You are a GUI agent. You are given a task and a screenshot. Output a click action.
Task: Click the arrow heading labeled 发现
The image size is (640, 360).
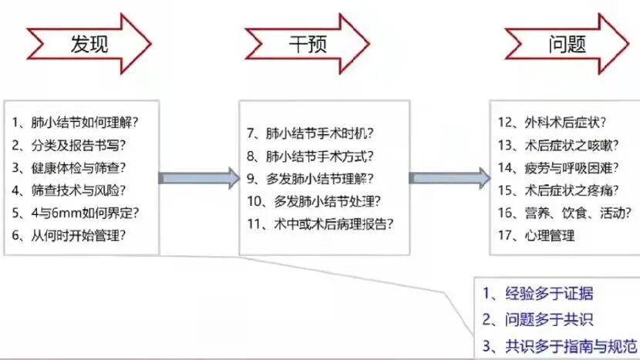tap(89, 44)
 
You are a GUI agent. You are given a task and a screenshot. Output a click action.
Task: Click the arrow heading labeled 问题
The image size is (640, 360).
tap(567, 44)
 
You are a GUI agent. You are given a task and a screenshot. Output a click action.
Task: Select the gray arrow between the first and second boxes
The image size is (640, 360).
tap(199, 178)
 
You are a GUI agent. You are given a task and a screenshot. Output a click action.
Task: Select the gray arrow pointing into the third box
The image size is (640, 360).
tap(449, 178)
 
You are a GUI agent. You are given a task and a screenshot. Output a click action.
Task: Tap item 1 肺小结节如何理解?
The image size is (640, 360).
tap(80, 122)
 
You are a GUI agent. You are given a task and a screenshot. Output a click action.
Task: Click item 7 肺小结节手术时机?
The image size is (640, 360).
tap(310, 133)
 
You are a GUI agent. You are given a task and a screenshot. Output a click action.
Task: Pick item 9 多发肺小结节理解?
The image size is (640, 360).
tap(310, 179)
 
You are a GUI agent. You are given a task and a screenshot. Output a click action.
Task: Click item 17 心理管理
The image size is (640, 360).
tap(537, 235)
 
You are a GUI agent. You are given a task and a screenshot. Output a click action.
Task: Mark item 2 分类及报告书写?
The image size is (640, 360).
tap(70, 144)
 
